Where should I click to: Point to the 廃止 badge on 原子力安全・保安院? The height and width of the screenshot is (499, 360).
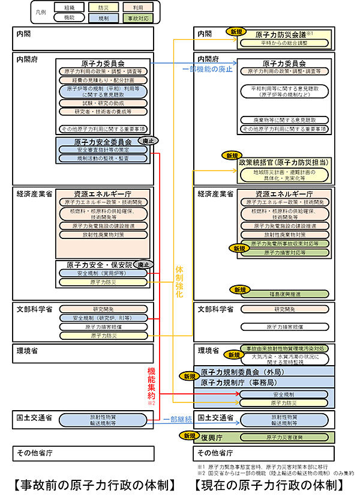point(143,264)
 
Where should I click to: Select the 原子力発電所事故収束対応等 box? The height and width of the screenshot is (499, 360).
point(284,244)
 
